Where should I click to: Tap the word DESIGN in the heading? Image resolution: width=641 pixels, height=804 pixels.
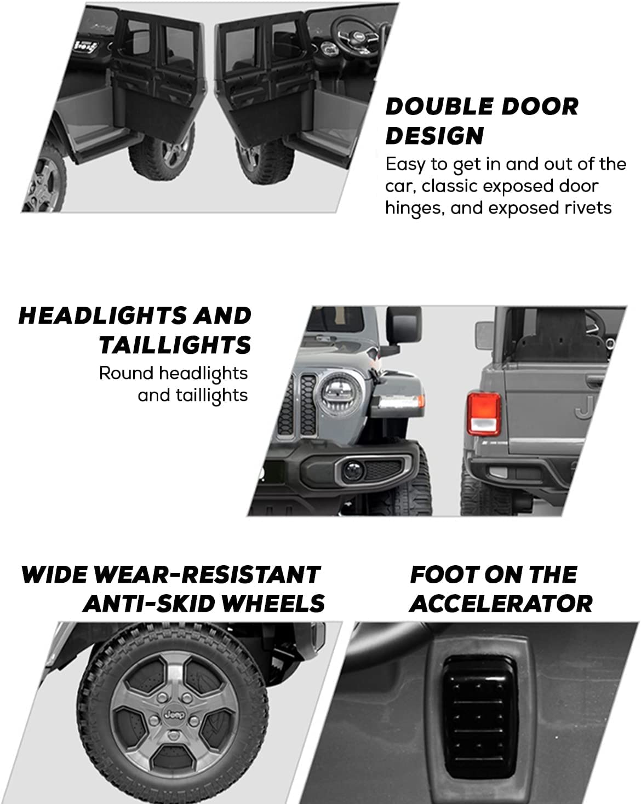pyautogui.click(x=434, y=136)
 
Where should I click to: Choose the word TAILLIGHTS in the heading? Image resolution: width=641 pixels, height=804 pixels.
pyautogui.click(x=175, y=345)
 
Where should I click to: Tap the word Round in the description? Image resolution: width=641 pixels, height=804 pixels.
pyautogui.click(x=127, y=373)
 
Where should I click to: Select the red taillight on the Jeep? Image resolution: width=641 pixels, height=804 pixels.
pyautogui.click(x=484, y=414)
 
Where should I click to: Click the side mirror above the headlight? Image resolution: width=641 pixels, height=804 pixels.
pyautogui.click(x=403, y=326)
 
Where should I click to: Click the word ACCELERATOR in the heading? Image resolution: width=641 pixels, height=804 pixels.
pyautogui.click(x=501, y=604)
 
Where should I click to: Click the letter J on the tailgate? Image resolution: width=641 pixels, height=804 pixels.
pyautogui.click(x=585, y=407)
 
